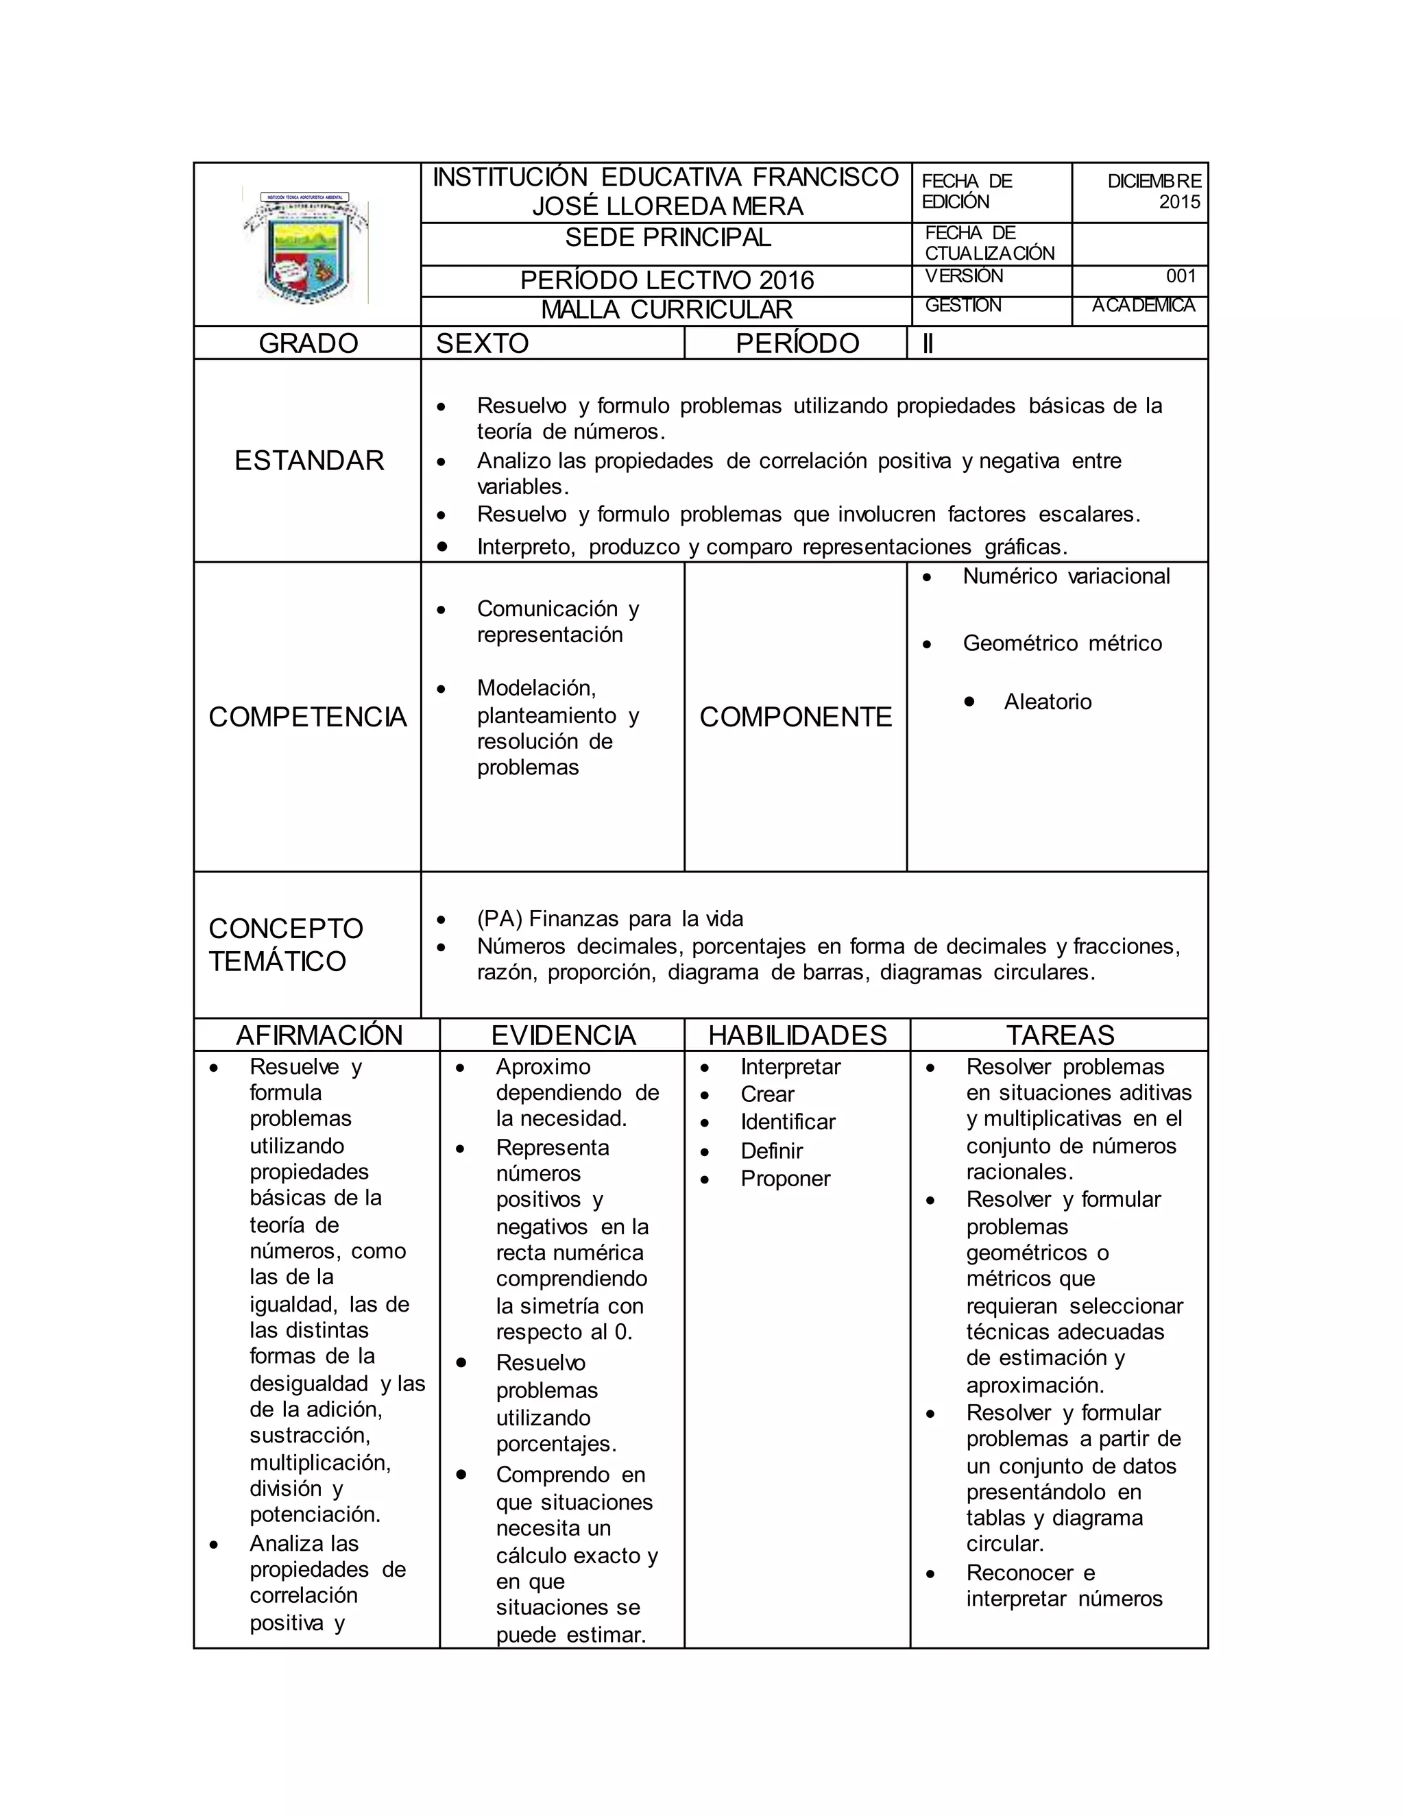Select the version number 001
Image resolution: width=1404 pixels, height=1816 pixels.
pos(1181,276)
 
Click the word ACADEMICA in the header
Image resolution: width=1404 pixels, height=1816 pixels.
pos(1143,306)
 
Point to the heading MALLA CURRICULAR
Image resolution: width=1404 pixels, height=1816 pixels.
pos(666,310)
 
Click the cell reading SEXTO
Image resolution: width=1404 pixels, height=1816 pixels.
pos(483,343)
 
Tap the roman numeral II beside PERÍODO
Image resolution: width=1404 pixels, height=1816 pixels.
pos(928,343)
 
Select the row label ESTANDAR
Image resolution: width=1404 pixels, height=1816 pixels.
pos(308,461)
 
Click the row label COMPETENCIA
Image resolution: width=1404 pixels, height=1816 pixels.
pos(307,717)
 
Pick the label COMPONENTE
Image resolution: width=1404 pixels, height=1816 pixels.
pos(795,717)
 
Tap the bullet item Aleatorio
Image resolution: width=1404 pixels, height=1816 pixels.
pos(1048,702)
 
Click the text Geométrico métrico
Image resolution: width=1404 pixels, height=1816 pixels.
pos(1062,643)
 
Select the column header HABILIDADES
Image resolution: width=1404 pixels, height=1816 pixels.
pos(797,1035)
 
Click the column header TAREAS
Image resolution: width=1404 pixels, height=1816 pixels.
pos(1060,1035)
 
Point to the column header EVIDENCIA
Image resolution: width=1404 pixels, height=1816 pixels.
pos(563,1035)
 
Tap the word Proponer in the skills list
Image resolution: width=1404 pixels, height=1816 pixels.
pos(785,1179)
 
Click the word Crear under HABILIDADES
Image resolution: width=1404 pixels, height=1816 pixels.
pos(767,1094)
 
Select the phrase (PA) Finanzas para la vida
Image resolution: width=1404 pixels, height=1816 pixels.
pos(609,919)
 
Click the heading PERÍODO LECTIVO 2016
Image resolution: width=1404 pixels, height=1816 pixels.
pos(666,281)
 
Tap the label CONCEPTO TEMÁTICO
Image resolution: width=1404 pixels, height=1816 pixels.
pos(285,944)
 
